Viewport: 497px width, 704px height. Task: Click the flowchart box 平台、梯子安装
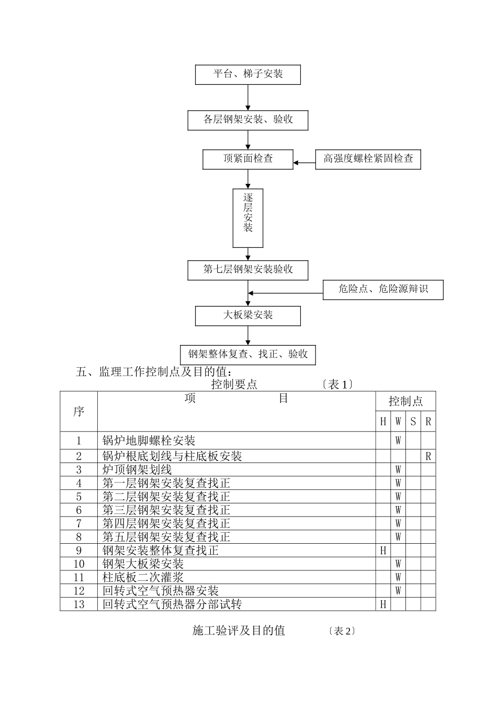247,74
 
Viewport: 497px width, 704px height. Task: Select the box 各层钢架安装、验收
247,120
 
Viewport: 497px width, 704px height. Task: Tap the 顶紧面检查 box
247,159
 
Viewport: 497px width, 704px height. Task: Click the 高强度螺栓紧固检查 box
368,159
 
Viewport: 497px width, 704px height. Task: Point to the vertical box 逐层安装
247,218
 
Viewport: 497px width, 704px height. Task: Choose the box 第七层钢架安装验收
247,270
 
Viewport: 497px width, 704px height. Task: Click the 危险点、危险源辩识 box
383,290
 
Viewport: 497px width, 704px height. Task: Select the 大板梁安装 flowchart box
247,316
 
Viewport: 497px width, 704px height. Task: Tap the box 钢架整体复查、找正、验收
247,355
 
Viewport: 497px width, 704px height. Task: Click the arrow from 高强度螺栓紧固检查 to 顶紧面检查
304,163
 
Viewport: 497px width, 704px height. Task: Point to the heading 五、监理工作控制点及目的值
153,372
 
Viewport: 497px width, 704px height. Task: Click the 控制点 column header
405,402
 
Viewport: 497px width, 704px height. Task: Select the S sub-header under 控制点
413,422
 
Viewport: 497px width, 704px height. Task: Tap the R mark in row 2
428,456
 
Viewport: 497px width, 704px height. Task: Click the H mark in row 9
383,551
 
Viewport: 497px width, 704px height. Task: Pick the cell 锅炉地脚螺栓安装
149,441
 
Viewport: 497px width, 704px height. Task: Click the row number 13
79,604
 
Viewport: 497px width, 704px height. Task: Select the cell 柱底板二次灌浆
143,578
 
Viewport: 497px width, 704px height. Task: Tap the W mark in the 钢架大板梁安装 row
398,564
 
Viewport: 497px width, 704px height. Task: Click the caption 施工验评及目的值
239,631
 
